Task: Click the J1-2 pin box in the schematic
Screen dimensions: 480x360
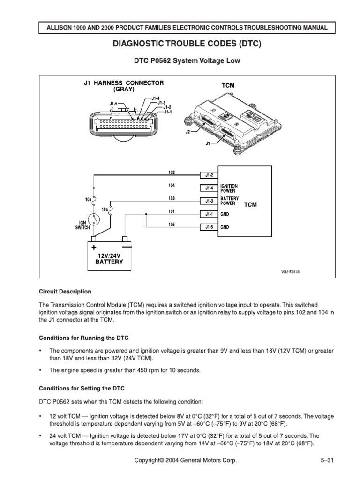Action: pyautogui.click(x=209, y=175)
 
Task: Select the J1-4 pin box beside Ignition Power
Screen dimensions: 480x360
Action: pyautogui.click(x=209, y=188)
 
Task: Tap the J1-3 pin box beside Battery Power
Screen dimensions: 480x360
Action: pyautogui.click(x=209, y=201)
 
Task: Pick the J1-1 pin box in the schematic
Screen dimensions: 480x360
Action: pyautogui.click(x=209, y=214)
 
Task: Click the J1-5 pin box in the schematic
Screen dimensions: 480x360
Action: pyautogui.click(x=209, y=227)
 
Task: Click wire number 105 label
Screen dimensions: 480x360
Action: pyautogui.click(x=172, y=225)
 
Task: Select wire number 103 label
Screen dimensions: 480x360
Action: pyautogui.click(x=172, y=198)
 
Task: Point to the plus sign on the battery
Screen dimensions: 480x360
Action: pyautogui.click(x=94, y=247)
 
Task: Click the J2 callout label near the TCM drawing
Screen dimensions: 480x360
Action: pyautogui.click(x=188, y=133)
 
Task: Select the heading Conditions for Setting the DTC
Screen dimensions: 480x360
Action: pyautogui.click(x=85, y=388)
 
